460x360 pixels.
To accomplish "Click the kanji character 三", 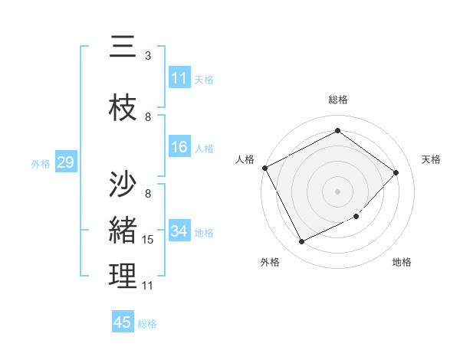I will [123, 47].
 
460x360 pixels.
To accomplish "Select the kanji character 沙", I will [123, 183].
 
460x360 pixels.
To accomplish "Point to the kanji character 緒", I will [123, 229].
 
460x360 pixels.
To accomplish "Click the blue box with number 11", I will [179, 78].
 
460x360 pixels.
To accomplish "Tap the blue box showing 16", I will [179, 147].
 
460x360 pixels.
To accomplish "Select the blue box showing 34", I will [179, 231].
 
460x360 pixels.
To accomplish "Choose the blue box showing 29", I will [65, 162].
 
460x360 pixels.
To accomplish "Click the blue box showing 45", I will [123, 322].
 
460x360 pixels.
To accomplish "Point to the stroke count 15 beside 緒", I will [149, 240].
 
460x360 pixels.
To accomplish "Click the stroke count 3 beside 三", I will [148, 56].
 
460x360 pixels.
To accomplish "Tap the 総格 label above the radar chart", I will [338, 100].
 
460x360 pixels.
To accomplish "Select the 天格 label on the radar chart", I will [432, 159].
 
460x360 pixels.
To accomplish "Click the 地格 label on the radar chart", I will [402, 262].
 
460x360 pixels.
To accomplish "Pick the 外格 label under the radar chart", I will [269, 262].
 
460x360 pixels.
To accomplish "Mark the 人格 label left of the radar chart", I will [245, 159].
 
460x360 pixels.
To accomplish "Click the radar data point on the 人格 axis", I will [265, 168].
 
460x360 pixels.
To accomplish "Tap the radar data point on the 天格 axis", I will [396, 172].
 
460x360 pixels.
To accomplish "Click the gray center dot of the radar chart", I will [337, 191].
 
